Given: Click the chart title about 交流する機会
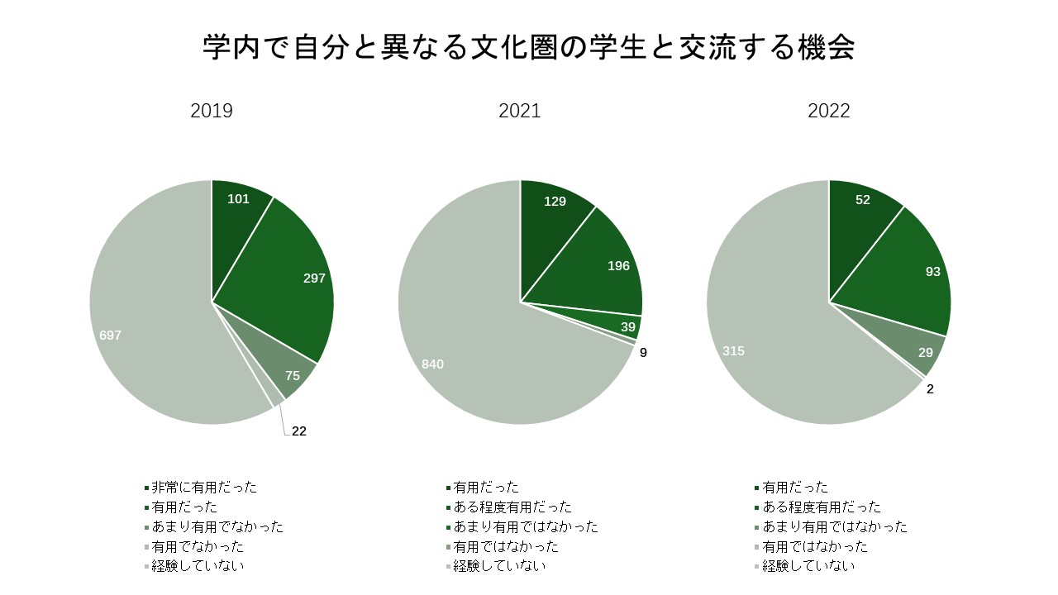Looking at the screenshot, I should (x=529, y=48).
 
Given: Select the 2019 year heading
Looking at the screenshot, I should (x=212, y=111).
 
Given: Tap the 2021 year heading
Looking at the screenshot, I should (x=520, y=111).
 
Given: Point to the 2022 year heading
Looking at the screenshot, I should (x=829, y=111).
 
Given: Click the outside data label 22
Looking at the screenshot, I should (x=299, y=431).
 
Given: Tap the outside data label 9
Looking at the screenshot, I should (x=643, y=353).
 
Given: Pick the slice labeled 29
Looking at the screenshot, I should (x=922, y=353).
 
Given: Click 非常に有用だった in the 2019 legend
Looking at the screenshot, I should (x=204, y=488).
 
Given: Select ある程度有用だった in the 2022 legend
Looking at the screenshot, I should (x=821, y=507).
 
